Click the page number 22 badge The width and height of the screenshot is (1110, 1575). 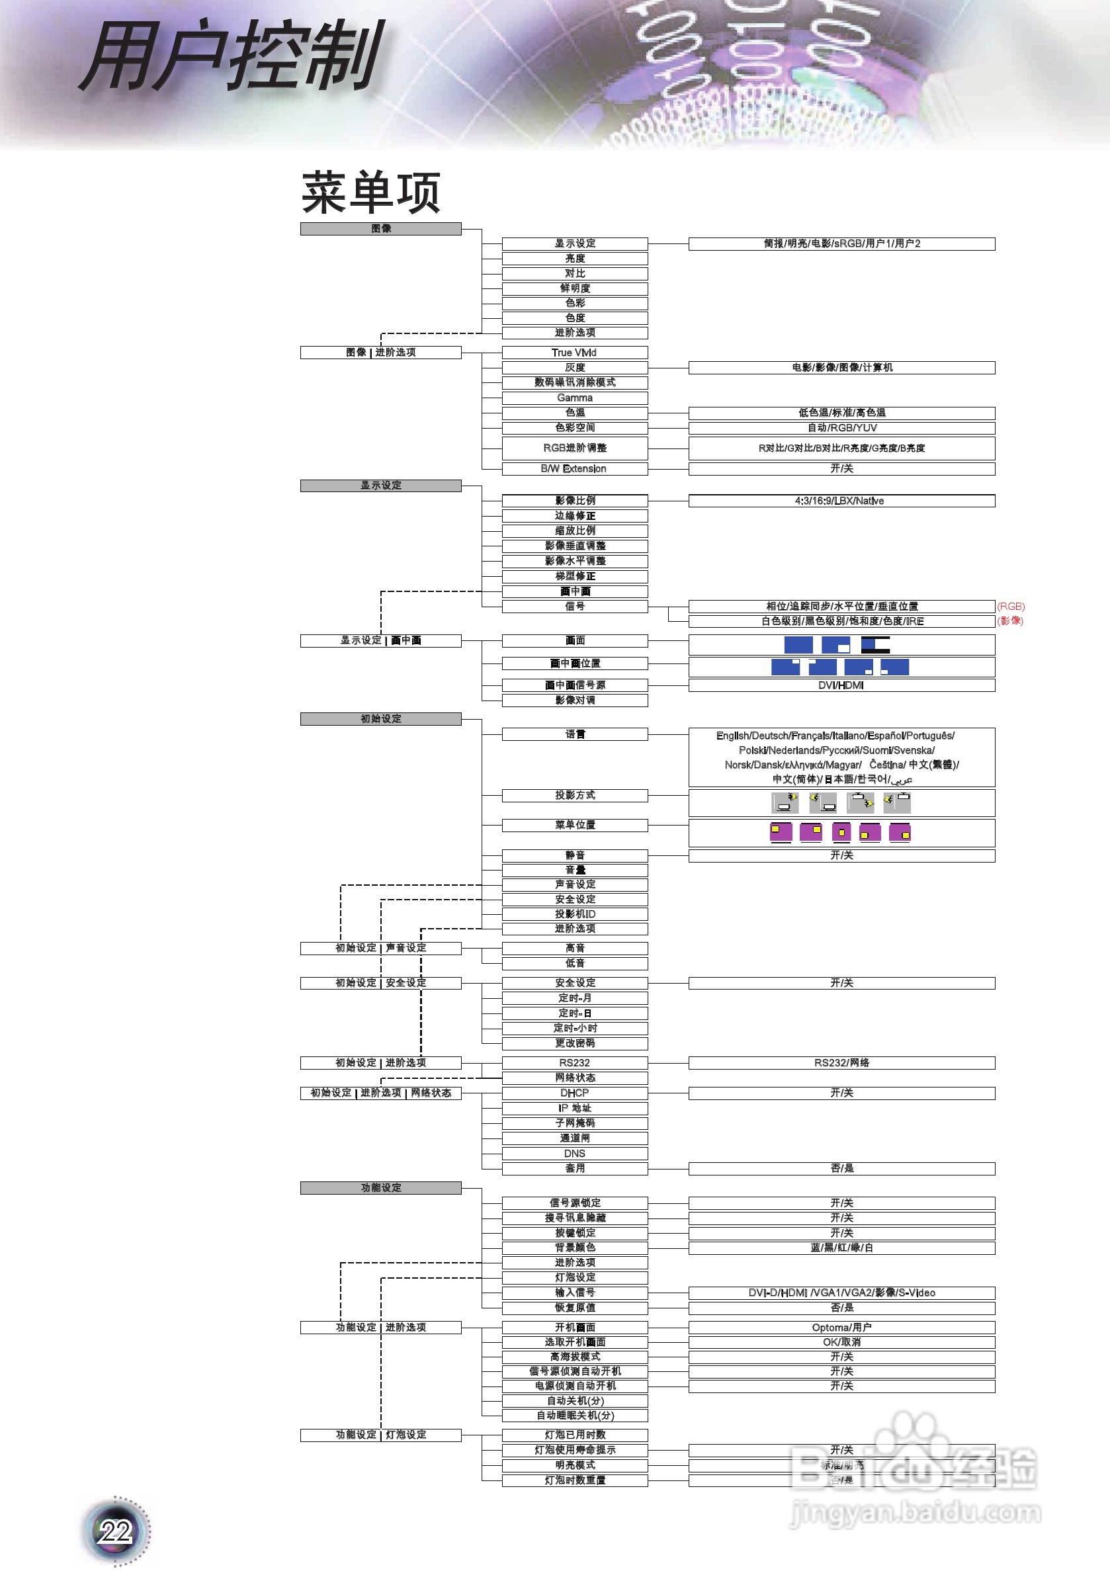[x=115, y=1531]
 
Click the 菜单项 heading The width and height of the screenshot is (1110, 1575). [x=370, y=192]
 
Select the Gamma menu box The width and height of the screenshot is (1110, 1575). [x=574, y=398]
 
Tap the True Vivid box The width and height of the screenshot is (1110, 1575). [x=574, y=353]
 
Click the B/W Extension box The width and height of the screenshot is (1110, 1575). [x=574, y=468]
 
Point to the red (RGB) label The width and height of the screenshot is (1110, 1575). [x=1011, y=607]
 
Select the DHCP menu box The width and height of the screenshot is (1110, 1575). [x=574, y=1093]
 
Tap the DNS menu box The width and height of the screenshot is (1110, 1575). [x=574, y=1154]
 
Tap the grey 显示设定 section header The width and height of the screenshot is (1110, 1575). [x=381, y=486]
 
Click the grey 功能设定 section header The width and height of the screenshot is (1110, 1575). [x=381, y=1187]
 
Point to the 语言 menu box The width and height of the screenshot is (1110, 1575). [x=574, y=735]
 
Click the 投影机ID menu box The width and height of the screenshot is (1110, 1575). [x=574, y=914]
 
